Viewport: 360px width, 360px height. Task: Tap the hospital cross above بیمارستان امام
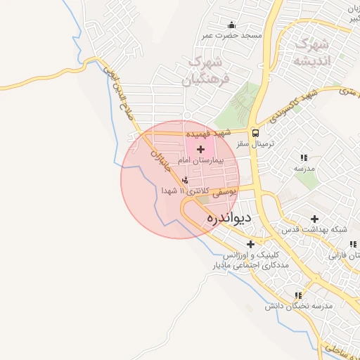202,149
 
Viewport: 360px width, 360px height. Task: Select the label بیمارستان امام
202,161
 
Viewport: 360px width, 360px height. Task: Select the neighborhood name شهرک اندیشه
311,51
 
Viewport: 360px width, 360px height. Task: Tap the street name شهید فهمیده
209,133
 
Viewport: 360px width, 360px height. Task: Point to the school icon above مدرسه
304,157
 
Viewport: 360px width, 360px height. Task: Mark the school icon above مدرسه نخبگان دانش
299,296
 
